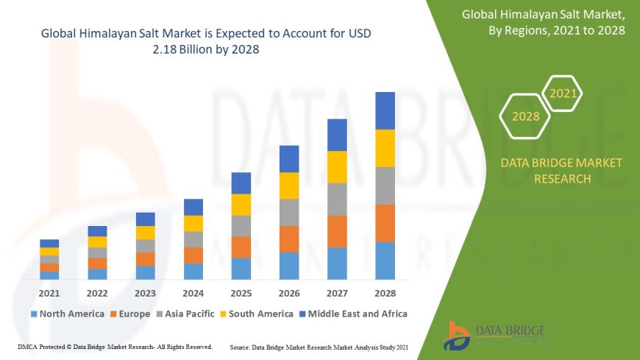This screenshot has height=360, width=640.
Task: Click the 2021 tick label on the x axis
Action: [x=49, y=293]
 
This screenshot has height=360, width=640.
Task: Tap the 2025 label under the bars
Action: [x=241, y=293]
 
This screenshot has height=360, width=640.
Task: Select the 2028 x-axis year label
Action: [x=385, y=293]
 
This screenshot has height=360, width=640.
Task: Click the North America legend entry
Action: [x=67, y=314]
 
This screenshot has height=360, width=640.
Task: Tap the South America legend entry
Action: [x=255, y=314]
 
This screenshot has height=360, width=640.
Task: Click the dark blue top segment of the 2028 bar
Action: [x=385, y=110]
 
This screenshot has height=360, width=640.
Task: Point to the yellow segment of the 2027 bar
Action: [x=337, y=166]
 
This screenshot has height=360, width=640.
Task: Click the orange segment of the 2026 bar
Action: [x=289, y=239]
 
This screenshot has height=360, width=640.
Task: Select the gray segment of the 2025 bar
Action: [x=241, y=225]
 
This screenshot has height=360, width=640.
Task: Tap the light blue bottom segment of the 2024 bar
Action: [x=193, y=271]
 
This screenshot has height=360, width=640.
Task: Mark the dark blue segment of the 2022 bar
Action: [x=97, y=231]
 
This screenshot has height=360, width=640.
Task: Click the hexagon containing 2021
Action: [x=563, y=93]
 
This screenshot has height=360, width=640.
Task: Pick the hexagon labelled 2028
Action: [x=525, y=116]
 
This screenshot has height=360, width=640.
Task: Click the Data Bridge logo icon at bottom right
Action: [x=458, y=336]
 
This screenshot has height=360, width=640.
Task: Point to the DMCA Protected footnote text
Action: [x=114, y=346]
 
